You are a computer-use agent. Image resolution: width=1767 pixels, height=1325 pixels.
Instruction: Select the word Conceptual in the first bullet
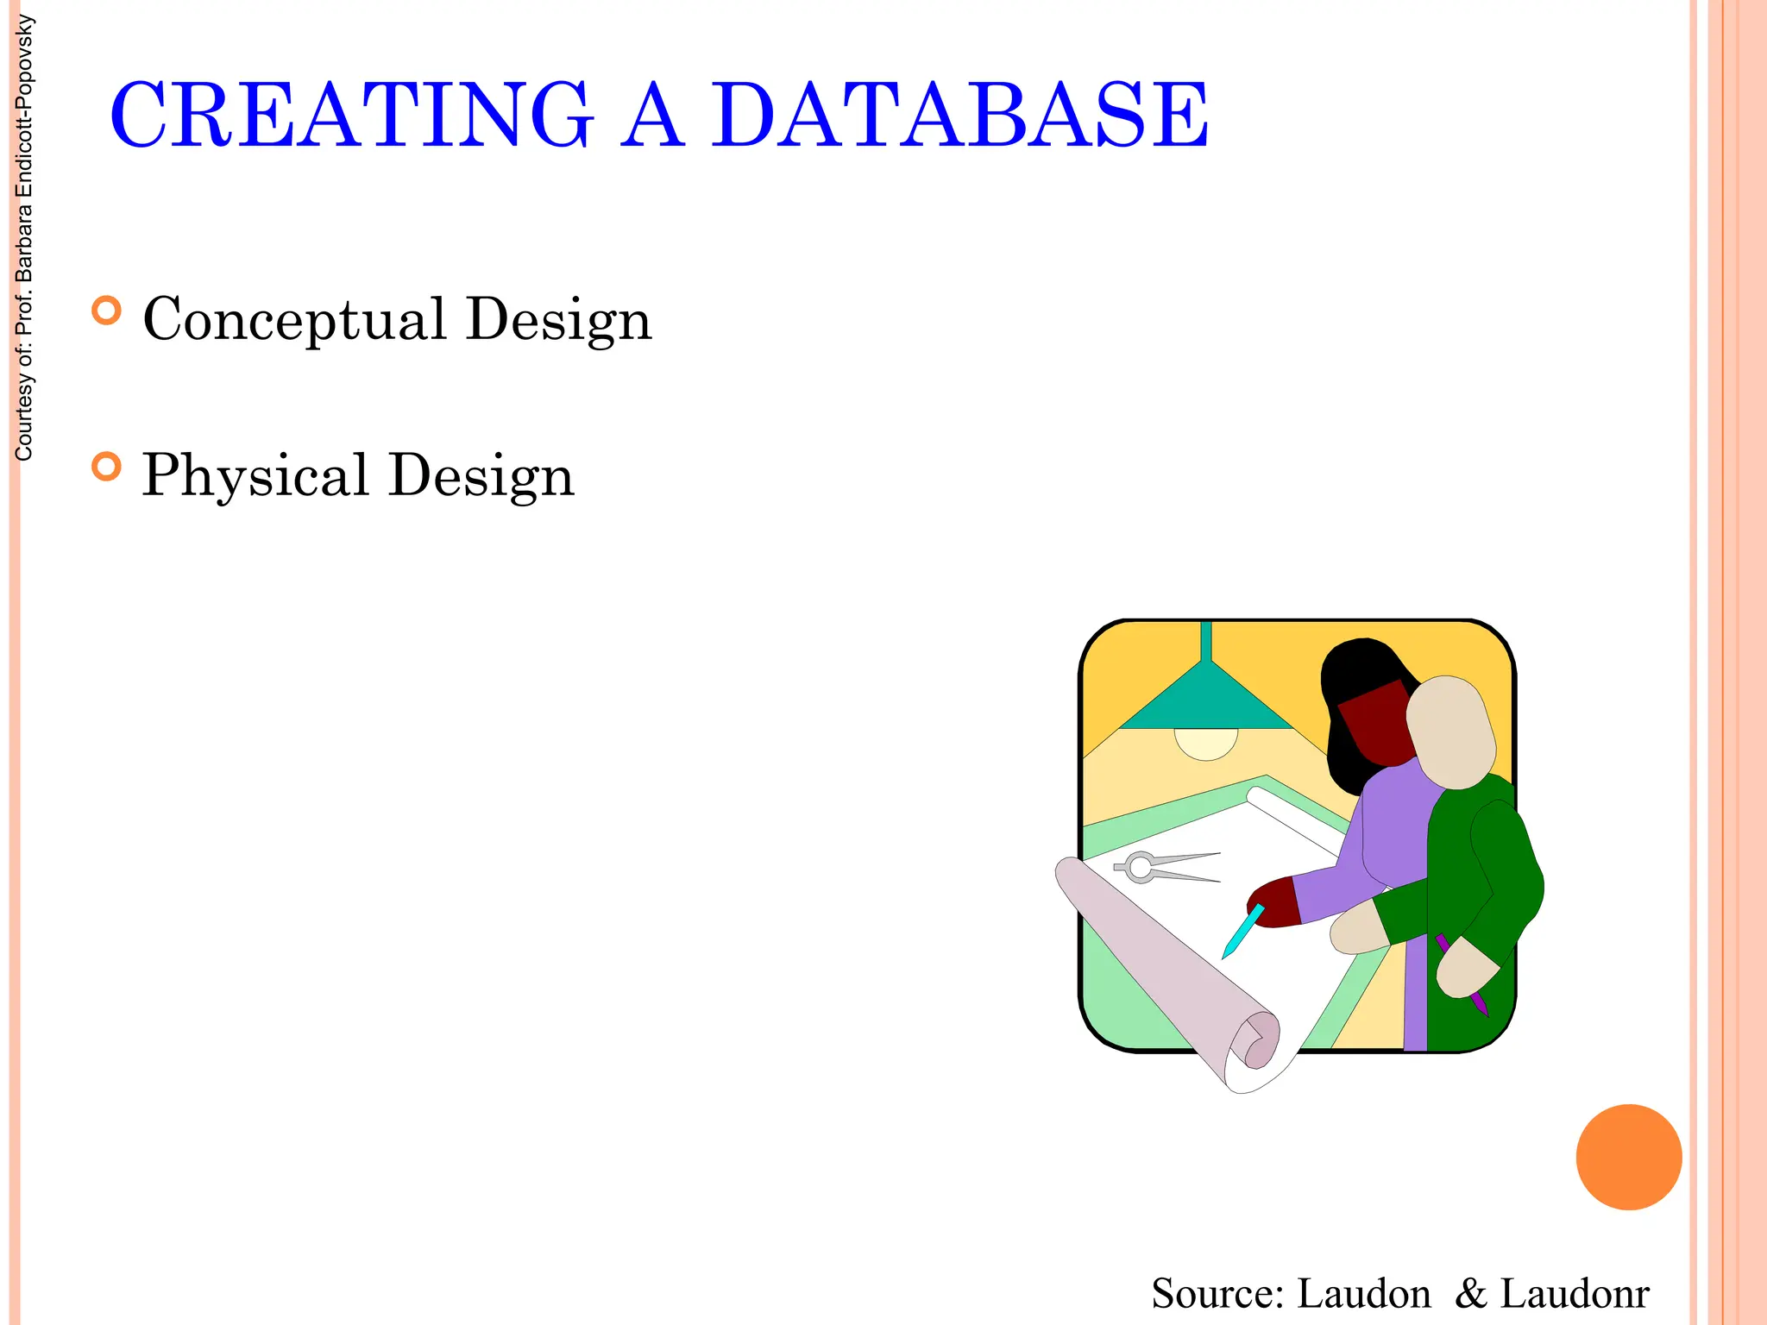point(294,319)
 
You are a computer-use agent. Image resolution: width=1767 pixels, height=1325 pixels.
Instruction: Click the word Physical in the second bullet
point(255,475)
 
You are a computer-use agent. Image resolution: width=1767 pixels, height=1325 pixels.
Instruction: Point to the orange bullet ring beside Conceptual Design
point(106,311)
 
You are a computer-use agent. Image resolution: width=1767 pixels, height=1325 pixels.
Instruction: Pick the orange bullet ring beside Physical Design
point(106,467)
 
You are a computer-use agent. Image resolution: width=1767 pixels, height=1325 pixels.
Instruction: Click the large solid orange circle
point(1628,1157)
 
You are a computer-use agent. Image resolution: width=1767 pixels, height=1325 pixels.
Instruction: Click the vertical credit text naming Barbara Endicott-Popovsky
point(24,237)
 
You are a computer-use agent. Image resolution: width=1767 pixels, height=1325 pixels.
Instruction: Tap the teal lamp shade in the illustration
point(1206,703)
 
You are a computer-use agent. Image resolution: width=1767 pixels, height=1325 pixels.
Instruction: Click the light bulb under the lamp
point(1206,743)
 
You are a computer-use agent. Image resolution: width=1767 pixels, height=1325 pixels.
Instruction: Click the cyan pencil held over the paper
point(1242,932)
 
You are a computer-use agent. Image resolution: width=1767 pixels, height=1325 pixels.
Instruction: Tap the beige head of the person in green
point(1451,733)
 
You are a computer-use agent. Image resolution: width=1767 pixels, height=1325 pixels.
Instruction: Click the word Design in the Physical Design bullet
point(481,475)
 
